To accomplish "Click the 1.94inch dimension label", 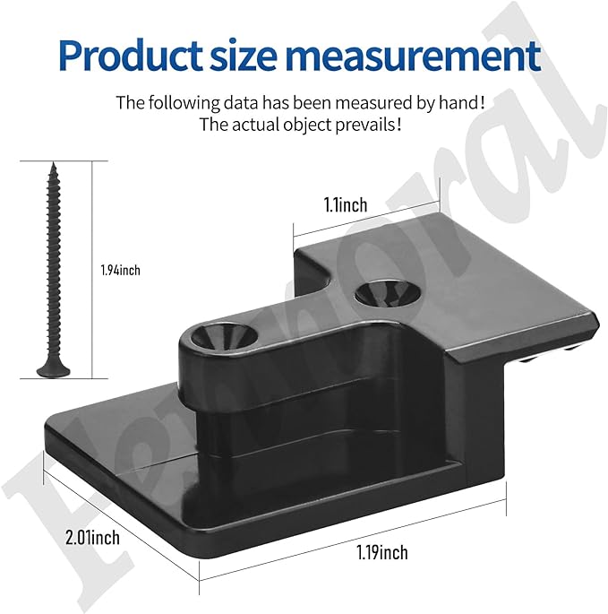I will coord(121,270).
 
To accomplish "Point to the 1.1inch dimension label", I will coord(346,205).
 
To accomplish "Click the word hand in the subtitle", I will coord(458,102).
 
